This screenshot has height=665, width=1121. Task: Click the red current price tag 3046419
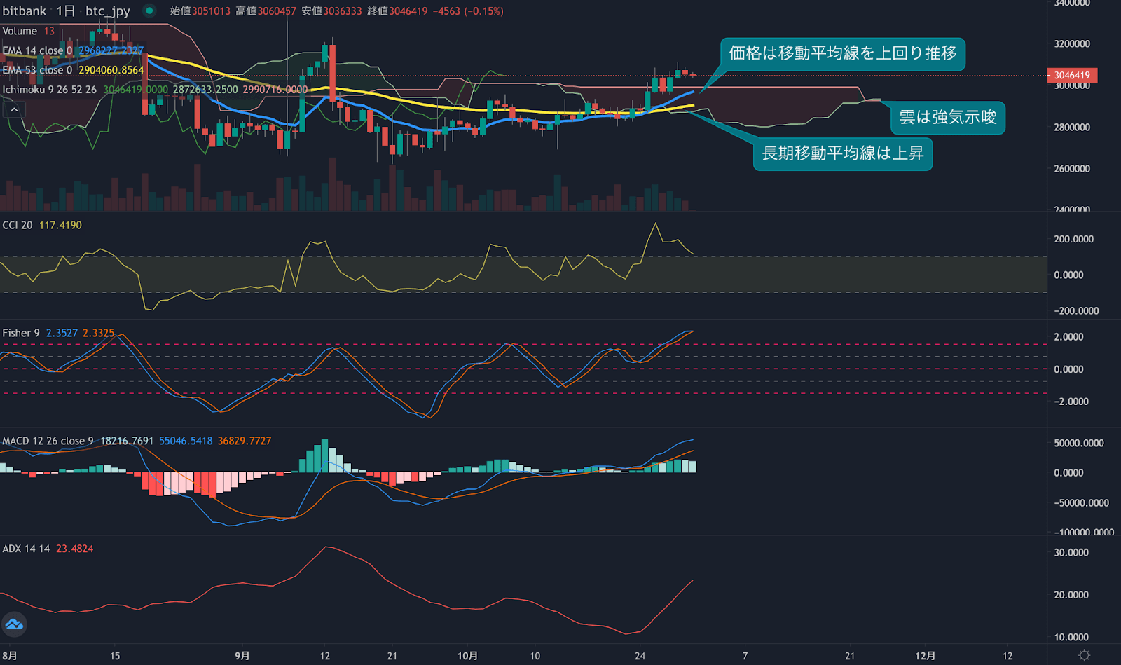point(1071,75)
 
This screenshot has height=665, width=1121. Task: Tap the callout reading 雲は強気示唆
point(947,117)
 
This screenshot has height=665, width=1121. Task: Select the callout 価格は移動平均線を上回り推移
point(842,54)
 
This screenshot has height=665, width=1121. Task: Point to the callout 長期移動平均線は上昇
point(842,153)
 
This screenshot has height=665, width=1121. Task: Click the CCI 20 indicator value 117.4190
point(60,225)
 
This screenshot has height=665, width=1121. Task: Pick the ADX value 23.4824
point(74,549)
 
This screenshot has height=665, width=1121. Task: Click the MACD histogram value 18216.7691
point(127,441)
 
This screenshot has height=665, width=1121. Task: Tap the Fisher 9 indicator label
point(21,333)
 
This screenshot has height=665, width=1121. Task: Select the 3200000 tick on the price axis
point(1072,43)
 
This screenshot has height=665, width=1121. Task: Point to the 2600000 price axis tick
point(1072,168)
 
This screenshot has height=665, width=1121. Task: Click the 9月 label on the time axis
point(242,656)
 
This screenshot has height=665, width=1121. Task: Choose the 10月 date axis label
point(467,656)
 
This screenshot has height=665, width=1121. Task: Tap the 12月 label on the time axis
point(925,656)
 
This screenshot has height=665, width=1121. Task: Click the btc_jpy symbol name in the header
point(108,11)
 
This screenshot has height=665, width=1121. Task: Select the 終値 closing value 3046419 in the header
point(408,11)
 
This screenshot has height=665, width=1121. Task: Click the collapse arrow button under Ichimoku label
point(14,109)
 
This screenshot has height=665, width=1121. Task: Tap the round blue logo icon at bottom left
point(14,624)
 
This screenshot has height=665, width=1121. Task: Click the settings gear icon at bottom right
point(1084,655)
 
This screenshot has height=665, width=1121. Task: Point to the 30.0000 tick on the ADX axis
point(1071,552)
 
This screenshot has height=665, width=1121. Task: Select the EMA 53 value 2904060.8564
point(111,70)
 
